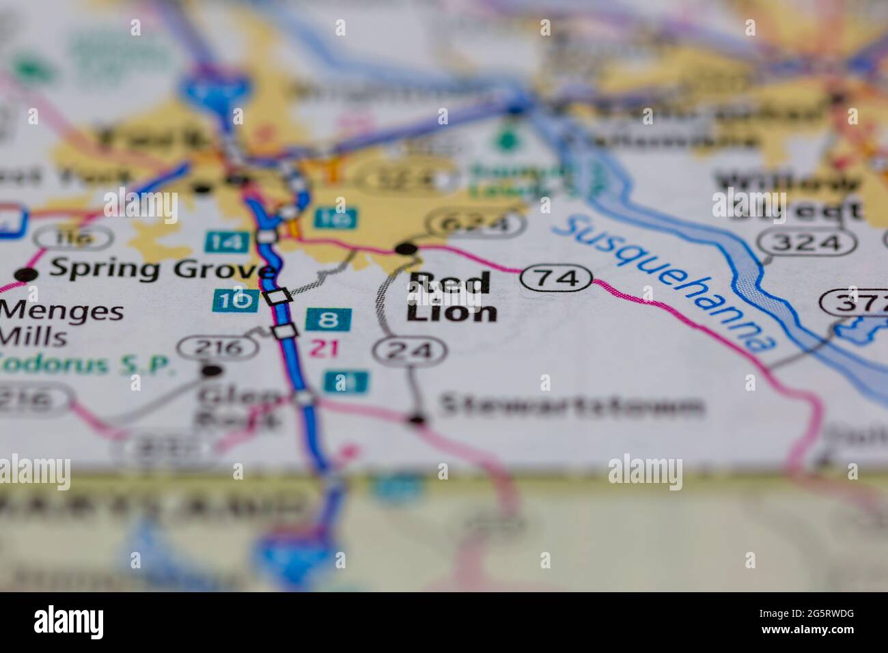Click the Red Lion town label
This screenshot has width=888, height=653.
tap(452, 297)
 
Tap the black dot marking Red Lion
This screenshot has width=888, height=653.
tap(408, 248)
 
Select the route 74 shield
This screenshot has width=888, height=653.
tap(556, 278)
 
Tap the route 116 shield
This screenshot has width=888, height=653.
tap(74, 237)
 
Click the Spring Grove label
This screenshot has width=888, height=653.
tap(161, 268)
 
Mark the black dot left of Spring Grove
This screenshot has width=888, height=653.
tap(26, 275)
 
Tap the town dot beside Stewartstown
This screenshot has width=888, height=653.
tap(416, 419)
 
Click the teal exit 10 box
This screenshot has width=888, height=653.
tap(235, 300)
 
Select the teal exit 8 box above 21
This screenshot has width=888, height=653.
tap(329, 319)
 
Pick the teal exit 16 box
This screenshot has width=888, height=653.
tap(335, 219)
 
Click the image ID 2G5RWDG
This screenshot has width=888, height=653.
tap(806, 632)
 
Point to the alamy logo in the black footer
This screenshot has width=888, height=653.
tap(68, 622)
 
